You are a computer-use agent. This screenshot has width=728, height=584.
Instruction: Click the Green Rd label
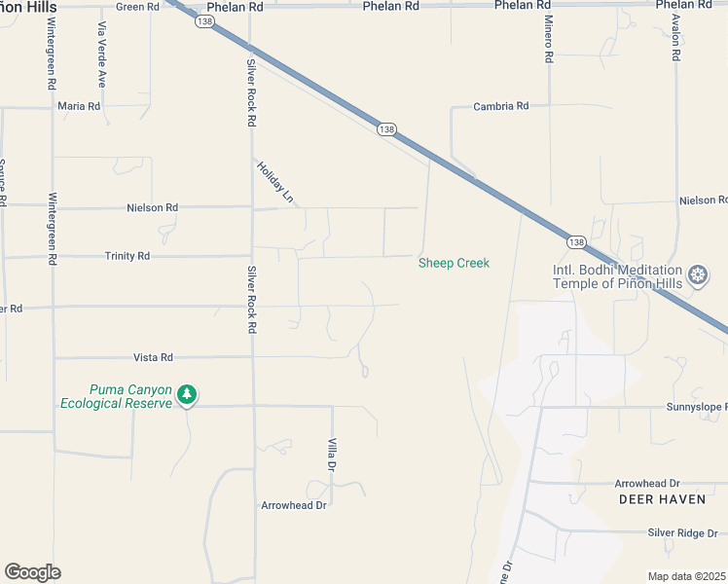(x=137, y=7)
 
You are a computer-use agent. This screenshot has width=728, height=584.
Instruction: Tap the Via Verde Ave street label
(x=100, y=55)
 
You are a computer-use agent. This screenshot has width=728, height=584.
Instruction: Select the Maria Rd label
(x=79, y=106)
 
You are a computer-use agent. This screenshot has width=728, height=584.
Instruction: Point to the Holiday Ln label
(x=275, y=181)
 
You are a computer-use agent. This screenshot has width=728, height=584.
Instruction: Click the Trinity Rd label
(x=127, y=256)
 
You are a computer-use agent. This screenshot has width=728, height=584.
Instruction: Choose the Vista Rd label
(x=153, y=357)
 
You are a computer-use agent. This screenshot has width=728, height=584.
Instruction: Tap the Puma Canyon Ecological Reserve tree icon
(x=187, y=395)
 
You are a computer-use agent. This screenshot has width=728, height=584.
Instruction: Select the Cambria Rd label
(x=500, y=106)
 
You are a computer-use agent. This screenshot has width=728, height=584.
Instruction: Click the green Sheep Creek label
(x=454, y=263)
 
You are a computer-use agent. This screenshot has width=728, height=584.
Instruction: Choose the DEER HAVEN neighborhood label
(x=654, y=498)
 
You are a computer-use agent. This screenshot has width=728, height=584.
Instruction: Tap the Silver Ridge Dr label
(x=682, y=532)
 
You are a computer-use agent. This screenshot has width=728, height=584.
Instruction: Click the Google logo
(x=32, y=572)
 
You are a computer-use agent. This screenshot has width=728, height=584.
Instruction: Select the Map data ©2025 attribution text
(x=687, y=576)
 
